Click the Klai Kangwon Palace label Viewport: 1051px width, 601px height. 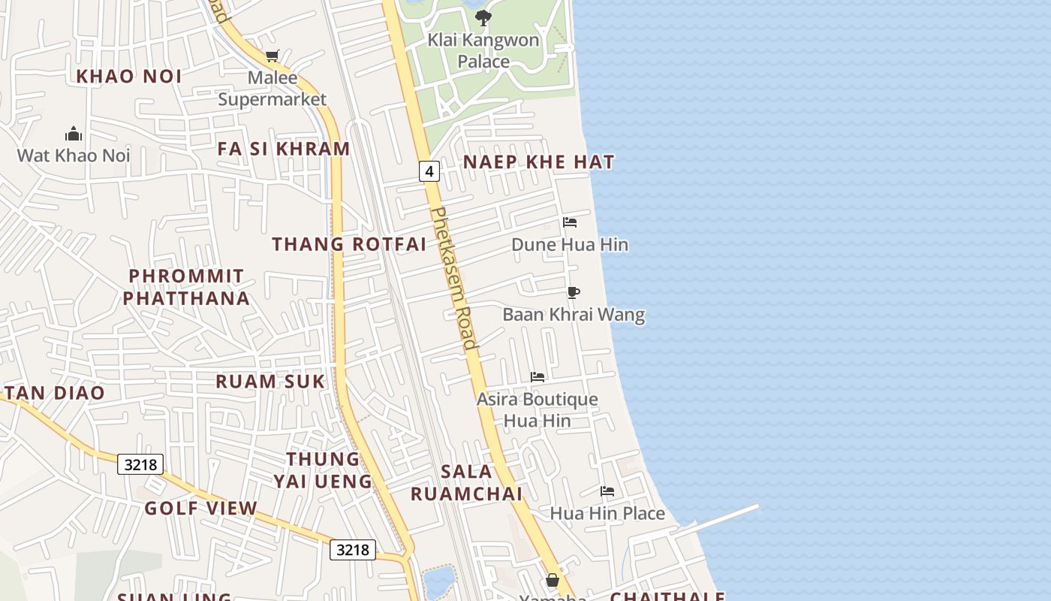coord(483,50)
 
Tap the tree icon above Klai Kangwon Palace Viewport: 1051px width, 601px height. coord(483,17)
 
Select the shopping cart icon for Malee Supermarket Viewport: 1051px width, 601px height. coord(272,56)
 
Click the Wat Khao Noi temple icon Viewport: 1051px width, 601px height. coord(74,134)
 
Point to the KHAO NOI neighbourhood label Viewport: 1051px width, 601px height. coord(129,76)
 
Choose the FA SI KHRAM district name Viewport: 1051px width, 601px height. coord(284,149)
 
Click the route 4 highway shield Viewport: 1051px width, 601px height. coord(429,171)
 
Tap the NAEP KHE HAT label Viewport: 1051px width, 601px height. coord(538,162)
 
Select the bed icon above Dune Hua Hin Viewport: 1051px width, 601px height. coord(570,222)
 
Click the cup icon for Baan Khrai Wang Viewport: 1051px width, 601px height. coord(574,292)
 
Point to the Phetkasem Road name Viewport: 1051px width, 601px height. coord(456,278)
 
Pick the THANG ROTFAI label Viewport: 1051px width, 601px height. coord(349,244)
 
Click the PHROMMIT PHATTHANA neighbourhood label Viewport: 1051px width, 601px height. coord(186,287)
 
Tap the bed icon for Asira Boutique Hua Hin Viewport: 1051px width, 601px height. coord(538,377)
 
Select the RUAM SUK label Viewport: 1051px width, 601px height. coord(270,382)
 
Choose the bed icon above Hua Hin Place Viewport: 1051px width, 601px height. coord(607,491)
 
